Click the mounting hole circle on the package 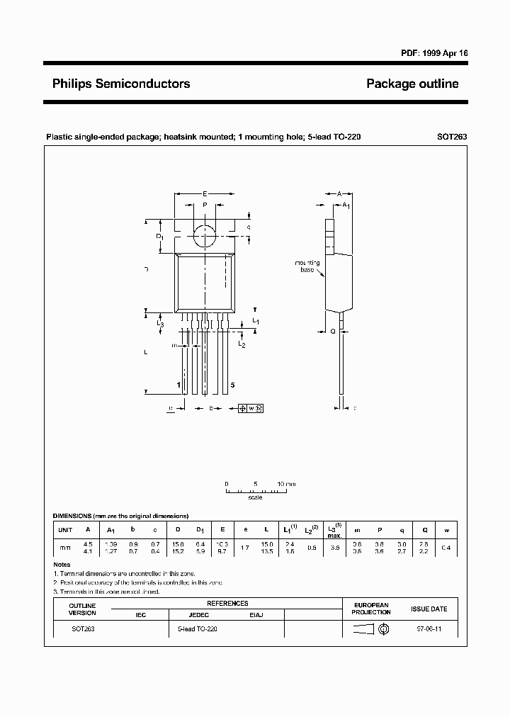[x=205, y=235]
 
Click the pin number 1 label [x=178, y=385]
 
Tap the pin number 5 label [x=232, y=385]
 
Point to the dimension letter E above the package [x=205, y=193]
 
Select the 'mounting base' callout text [x=307, y=266]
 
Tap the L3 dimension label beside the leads [x=160, y=324]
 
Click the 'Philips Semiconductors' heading [x=121, y=84]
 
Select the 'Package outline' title [x=412, y=84]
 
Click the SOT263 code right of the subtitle [x=453, y=137]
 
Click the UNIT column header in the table [x=65, y=530]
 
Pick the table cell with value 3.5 [x=336, y=548]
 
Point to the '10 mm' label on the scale [x=286, y=483]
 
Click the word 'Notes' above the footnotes [x=62, y=565]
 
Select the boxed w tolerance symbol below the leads [x=252, y=408]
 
